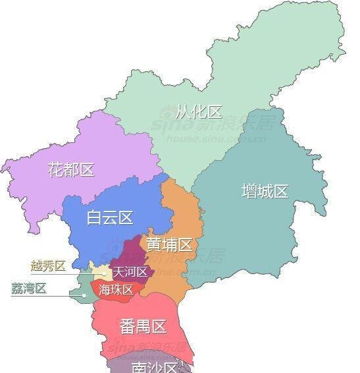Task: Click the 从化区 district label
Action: (199, 111)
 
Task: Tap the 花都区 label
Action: (71, 169)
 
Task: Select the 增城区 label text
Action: (265, 192)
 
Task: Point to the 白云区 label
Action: (110, 218)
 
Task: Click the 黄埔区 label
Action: (169, 245)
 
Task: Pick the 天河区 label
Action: (130, 272)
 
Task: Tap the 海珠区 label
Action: (116, 289)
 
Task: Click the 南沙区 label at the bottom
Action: (155, 366)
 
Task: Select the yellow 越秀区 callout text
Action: (48, 266)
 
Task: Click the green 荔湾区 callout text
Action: (29, 288)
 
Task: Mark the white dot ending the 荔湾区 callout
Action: (84, 295)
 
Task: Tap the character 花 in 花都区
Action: (56, 169)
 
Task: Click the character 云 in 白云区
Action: (110, 218)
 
